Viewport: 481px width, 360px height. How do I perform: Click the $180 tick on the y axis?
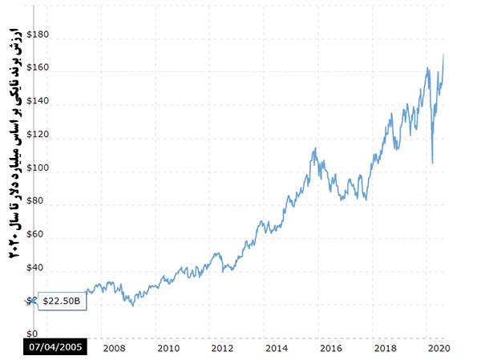38,35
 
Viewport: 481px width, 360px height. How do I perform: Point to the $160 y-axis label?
38,69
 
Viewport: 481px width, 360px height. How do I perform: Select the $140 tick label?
38,103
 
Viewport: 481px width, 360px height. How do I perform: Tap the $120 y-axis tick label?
38,136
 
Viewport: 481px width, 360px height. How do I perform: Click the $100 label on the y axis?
38,169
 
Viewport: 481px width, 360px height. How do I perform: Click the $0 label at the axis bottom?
32,334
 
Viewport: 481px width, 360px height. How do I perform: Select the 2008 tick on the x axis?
114,349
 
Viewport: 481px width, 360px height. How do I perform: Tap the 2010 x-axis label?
168,349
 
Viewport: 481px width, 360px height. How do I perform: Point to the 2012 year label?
222,349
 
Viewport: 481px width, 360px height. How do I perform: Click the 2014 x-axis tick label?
277,349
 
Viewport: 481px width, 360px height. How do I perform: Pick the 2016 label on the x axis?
331,349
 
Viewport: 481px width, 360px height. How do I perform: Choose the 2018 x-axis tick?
386,349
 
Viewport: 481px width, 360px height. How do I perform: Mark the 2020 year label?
439,349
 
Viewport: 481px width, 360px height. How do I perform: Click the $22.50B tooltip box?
60,301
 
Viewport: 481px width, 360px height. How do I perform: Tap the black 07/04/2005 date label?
53,349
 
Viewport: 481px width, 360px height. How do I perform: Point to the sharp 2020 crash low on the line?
432,163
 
